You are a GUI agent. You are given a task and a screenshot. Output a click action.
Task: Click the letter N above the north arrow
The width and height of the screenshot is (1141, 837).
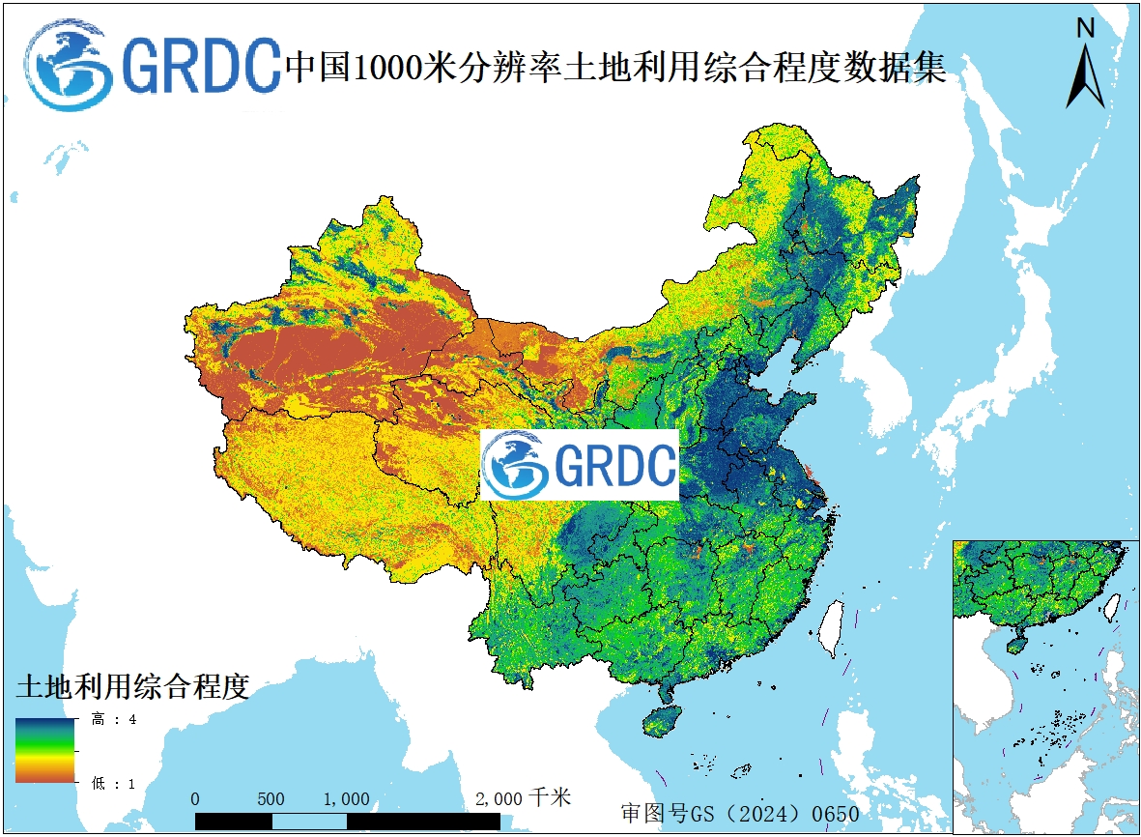click(1085, 29)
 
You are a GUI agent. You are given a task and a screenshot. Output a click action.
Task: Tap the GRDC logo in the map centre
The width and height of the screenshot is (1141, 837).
click(580, 465)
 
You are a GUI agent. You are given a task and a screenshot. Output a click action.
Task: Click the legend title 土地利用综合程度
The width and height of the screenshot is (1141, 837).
click(132, 687)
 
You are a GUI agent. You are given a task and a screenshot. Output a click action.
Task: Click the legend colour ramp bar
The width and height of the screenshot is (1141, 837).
click(44, 750)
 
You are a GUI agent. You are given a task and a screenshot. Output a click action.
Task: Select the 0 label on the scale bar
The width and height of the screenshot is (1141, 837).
click(196, 799)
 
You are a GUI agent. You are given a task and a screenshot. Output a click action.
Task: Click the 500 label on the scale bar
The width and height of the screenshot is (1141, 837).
click(271, 799)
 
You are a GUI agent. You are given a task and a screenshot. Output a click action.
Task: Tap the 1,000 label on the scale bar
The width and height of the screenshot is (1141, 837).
click(346, 799)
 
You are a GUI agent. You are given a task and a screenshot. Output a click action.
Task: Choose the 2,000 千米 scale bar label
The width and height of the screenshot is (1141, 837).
click(523, 798)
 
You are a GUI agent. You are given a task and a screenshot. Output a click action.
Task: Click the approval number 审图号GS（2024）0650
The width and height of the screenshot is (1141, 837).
click(739, 813)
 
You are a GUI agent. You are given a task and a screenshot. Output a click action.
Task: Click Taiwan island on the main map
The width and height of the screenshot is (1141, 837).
click(829, 625)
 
